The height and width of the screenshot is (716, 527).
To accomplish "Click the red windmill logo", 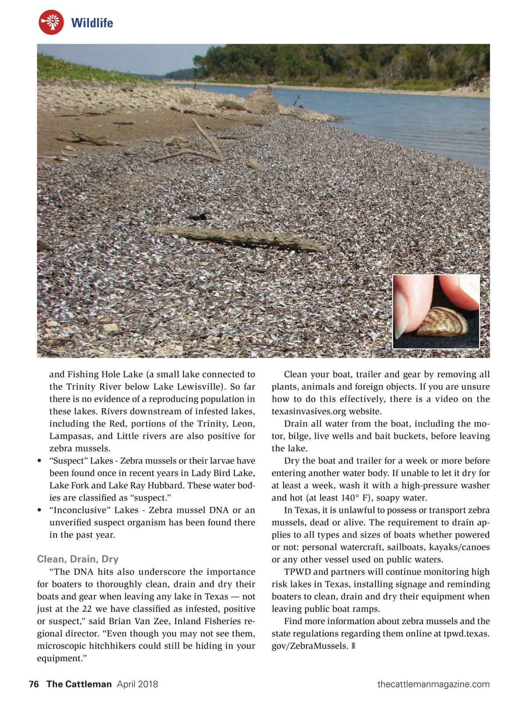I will [51, 22].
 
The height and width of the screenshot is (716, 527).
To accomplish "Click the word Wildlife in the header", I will [92, 23].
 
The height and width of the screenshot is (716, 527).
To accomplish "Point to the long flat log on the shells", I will [239, 238].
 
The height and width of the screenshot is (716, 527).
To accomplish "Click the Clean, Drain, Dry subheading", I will [78, 559].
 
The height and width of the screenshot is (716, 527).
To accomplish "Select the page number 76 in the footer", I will [34, 684].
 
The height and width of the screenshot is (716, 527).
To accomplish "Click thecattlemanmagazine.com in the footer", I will [433, 684].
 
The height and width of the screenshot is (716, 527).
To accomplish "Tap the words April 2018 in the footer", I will [137, 684].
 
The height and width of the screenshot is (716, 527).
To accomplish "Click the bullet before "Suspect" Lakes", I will [40, 461].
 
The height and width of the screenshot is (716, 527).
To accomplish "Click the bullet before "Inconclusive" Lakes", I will [40, 510].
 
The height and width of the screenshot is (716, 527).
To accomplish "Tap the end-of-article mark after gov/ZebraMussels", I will [354, 646].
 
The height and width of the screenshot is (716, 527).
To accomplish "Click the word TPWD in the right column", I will [297, 572].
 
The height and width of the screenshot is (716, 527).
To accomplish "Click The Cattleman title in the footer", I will [79, 684].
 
